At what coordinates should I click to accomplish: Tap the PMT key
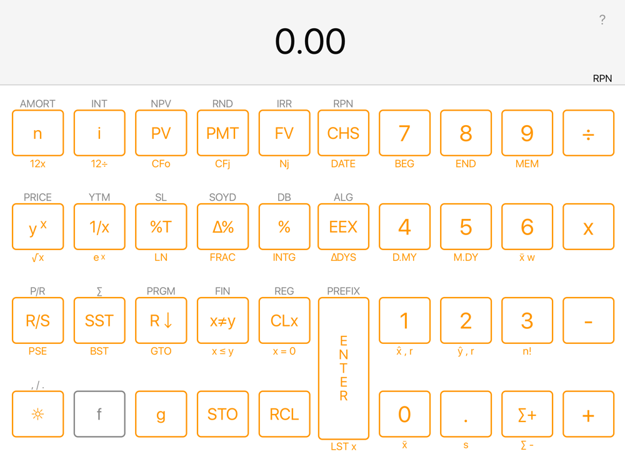222,133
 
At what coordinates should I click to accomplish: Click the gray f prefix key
99,414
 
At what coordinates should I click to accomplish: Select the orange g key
161,414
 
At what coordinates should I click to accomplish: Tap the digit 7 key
404,133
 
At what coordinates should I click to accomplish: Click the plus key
588,414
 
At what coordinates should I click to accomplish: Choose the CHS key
343,133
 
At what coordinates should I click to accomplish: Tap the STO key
222,414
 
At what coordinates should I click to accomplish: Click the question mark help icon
602,19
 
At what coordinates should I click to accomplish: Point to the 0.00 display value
310,41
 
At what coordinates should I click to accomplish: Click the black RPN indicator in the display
602,78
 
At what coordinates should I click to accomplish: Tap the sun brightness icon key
38,414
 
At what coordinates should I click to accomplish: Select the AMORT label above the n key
38,104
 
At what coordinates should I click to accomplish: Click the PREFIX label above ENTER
343,291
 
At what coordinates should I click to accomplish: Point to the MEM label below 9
527,163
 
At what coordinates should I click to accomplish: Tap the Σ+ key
527,414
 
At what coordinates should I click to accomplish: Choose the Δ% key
222,226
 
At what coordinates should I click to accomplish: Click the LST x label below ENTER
343,446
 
